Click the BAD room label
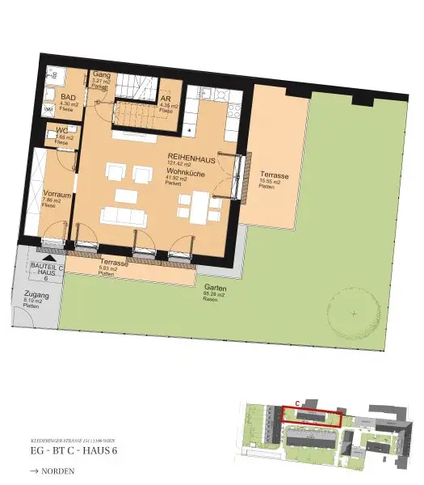click(x=69, y=98)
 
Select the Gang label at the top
click(x=101, y=74)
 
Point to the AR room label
click(x=166, y=99)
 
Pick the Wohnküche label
click(x=187, y=172)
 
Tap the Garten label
click(x=215, y=289)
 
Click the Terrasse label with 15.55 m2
click(x=275, y=175)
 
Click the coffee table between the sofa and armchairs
click(x=126, y=195)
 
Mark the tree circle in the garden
click(x=354, y=313)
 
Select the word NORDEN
click(x=63, y=469)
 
